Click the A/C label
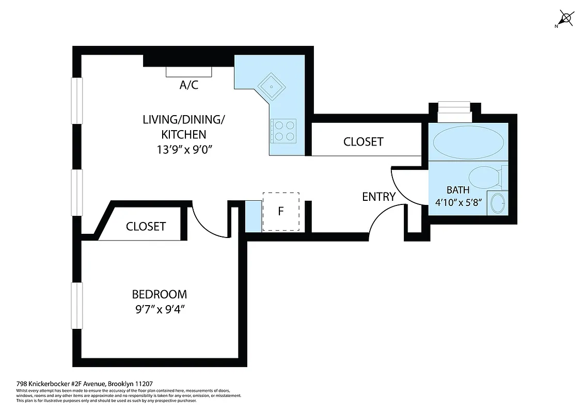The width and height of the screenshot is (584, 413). pos(188,85)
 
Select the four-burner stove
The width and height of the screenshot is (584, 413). pos(283,130)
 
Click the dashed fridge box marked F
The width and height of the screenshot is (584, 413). pos(281,211)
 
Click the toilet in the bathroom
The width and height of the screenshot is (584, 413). pos(487,177)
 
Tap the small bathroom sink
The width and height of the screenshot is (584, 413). pos(497,202)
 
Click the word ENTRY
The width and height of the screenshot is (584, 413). pos(378,197)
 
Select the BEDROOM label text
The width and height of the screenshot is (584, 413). pos(160,294)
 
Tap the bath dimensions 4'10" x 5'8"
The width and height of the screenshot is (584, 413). pos(458,202)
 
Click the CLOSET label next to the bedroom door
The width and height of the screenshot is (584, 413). pos(146,226)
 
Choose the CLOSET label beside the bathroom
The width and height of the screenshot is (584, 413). pos(364,141)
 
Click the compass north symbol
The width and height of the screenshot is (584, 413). pos(566,19)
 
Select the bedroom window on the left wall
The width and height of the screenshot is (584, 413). pos(77,306)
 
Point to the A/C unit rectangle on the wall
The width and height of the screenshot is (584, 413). pos(188,72)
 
